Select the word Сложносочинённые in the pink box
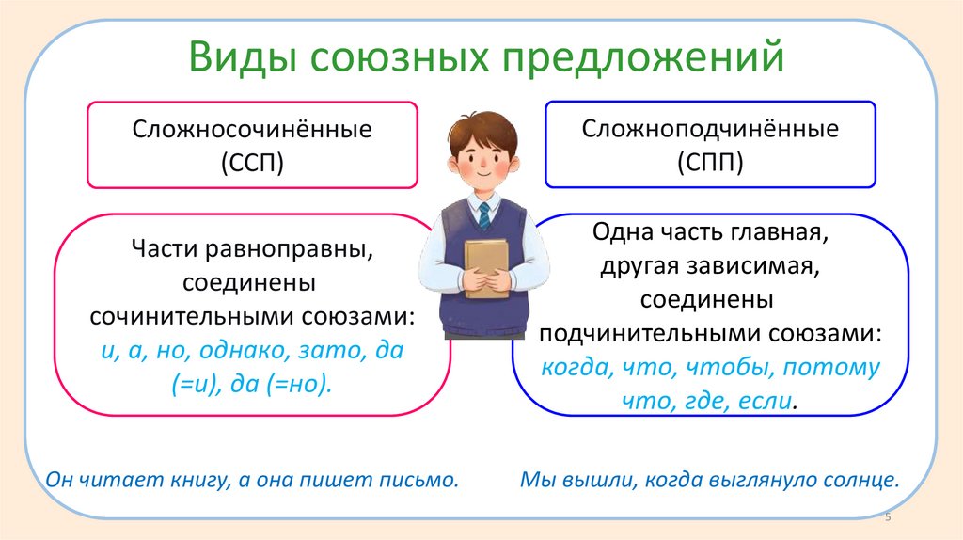[x=252, y=129]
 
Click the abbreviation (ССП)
[x=252, y=163]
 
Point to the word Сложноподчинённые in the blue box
[x=710, y=128]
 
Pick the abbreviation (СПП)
[x=711, y=162]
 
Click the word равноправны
[x=288, y=249]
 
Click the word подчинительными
[x=644, y=334]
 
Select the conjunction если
[x=765, y=401]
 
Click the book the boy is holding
[x=486, y=267]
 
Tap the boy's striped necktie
[x=484, y=216]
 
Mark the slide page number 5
[x=888, y=517]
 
